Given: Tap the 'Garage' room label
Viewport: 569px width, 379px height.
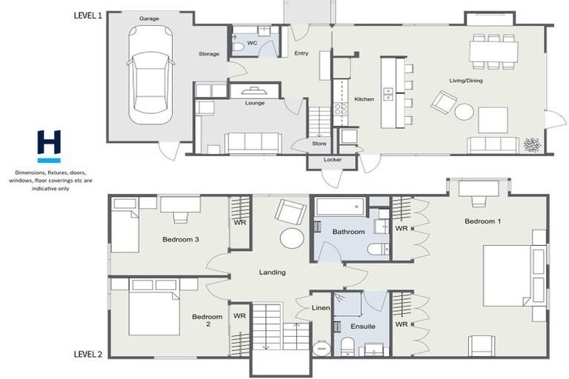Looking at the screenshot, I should click(x=150, y=19).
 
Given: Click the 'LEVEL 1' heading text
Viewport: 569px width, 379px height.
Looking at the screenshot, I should click(x=88, y=16).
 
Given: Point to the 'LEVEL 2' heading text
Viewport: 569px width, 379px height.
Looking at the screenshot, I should click(x=88, y=355).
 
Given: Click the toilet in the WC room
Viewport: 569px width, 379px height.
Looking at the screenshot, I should click(x=238, y=46).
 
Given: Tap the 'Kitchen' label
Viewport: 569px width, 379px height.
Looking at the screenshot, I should click(x=364, y=99).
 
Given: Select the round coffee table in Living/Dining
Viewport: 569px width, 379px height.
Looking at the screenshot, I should click(x=465, y=112).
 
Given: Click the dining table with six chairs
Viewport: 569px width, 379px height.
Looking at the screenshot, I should click(x=493, y=51).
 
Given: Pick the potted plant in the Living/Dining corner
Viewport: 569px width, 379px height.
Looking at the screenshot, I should click(x=532, y=145).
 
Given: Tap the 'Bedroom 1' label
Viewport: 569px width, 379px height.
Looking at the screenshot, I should click(x=482, y=221).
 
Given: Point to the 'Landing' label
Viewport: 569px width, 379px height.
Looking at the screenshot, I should click(x=272, y=272).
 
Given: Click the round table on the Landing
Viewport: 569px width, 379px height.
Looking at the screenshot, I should click(x=290, y=238).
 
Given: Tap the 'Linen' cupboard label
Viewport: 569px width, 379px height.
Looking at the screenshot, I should click(x=320, y=307).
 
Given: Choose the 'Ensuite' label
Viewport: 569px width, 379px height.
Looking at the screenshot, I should click(x=362, y=326).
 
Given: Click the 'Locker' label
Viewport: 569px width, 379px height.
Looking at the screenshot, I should click(x=332, y=160).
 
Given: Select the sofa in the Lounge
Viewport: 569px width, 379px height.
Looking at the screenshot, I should click(x=253, y=141).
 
